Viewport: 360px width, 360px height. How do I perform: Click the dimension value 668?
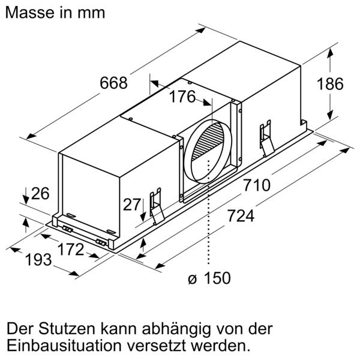[x=113, y=83]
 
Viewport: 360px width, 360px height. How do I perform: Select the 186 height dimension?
[x=330, y=84]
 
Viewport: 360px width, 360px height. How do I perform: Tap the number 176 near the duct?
[x=182, y=97]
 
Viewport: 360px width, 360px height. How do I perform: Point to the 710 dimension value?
[x=257, y=185]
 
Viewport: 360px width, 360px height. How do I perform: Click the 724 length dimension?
[x=241, y=216]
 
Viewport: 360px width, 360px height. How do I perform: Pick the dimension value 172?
[x=71, y=250]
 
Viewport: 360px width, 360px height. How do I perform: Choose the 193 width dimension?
[x=38, y=260]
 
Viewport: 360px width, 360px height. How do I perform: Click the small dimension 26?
[x=40, y=194]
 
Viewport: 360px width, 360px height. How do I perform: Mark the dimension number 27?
[x=132, y=205]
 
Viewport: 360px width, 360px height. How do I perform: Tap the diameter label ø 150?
[x=209, y=278]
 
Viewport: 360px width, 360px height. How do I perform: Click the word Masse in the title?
[x=29, y=13]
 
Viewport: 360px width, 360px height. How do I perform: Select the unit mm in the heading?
[x=91, y=13]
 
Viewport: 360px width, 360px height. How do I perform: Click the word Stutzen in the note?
[x=67, y=329]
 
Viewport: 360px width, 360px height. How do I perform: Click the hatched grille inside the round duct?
[x=208, y=141]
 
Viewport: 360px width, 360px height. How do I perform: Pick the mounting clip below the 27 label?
[x=157, y=206]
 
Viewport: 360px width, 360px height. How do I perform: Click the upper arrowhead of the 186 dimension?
[x=330, y=53]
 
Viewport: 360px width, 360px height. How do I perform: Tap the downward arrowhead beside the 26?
[x=26, y=200]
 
